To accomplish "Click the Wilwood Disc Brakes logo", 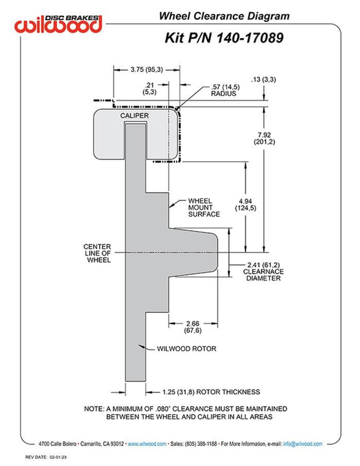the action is click(x=59, y=23).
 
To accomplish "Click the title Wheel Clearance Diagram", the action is click(x=224, y=16).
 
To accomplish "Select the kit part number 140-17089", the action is click(x=250, y=38).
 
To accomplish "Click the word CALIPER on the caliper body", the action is click(x=134, y=116).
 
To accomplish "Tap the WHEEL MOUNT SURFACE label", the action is click(x=204, y=208).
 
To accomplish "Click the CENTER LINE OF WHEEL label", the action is click(x=97, y=253).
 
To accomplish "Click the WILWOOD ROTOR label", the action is click(x=186, y=349).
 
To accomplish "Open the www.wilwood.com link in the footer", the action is click(x=147, y=444).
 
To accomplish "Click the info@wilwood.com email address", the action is click(x=303, y=444).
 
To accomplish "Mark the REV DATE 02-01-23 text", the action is click(x=46, y=457).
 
